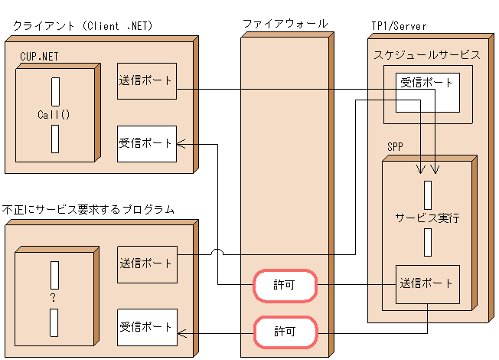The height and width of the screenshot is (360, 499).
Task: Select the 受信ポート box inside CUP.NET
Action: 147,143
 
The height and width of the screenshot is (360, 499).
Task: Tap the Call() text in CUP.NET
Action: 54,115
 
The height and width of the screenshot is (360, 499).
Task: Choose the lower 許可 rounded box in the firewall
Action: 285,332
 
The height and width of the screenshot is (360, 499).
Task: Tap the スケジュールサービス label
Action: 427,55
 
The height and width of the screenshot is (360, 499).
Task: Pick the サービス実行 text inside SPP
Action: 427,218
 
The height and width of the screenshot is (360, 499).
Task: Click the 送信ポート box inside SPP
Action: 427,283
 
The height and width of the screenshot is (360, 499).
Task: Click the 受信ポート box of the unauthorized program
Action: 147,327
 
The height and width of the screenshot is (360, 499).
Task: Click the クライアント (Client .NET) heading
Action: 83,26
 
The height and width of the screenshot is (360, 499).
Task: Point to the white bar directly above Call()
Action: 55,92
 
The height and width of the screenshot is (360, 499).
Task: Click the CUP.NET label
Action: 39,56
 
